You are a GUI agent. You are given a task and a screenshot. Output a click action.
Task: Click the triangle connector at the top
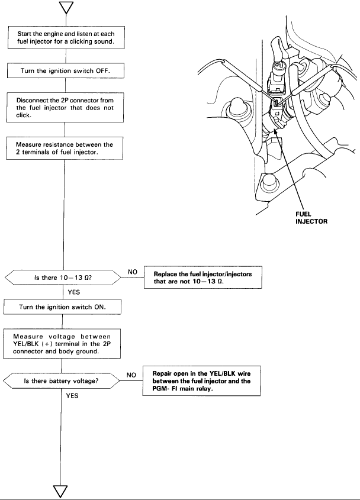63,8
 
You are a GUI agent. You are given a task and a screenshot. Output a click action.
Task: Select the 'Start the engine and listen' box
64,39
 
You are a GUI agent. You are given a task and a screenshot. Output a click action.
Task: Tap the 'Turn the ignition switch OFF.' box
64,71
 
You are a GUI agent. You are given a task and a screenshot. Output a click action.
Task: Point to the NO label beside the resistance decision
133,272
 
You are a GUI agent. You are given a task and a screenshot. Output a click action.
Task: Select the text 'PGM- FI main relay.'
187,390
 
